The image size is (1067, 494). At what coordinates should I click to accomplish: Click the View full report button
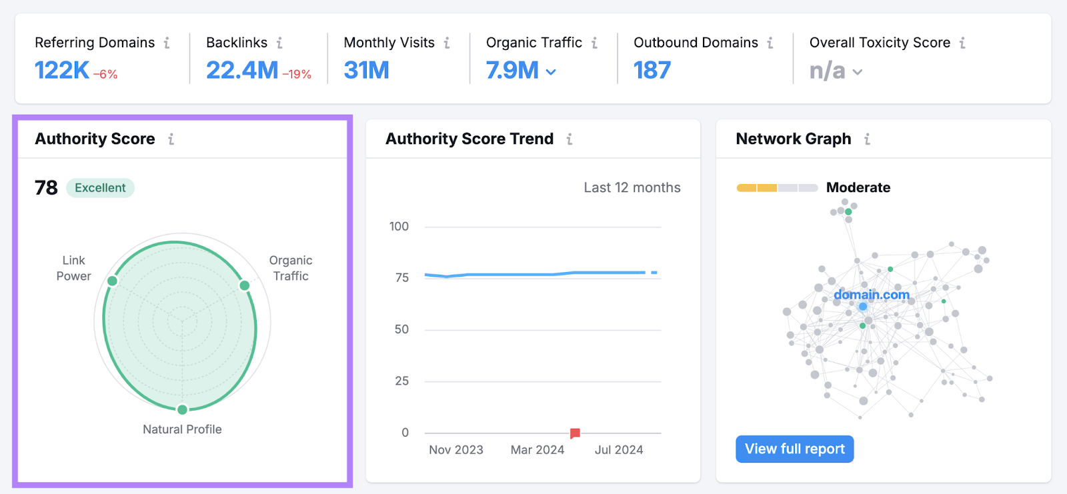pos(794,449)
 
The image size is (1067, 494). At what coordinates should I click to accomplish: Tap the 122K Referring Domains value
pos(61,70)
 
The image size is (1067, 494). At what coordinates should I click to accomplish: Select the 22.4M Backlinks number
pos(242,70)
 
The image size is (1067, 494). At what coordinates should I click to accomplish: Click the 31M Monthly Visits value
pos(366,70)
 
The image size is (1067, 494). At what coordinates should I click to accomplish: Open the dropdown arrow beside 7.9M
pos(551,72)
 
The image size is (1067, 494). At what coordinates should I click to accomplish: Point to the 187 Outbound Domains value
pos(652,70)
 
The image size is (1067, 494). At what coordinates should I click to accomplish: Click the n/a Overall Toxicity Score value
pos(827,71)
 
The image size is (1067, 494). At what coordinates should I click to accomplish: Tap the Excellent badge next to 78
pos(100,188)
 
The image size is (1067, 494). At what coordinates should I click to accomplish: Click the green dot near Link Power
pos(113,281)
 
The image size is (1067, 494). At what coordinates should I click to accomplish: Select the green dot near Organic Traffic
pos(245,285)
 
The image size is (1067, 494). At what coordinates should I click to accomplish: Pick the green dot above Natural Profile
pos(182,409)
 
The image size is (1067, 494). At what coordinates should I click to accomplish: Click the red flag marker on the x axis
pos(575,433)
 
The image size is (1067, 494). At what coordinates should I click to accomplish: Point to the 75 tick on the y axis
pos(401,277)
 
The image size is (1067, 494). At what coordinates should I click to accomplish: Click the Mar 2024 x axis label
pos(537,450)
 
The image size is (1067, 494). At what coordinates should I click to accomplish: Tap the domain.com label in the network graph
pos(871,295)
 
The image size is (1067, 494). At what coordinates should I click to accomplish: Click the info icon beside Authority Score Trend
pos(570,139)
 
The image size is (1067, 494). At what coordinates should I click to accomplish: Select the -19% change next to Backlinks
pos(297,74)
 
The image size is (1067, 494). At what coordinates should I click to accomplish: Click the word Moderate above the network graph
pos(858,187)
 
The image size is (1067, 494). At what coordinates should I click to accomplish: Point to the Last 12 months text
pos(632,188)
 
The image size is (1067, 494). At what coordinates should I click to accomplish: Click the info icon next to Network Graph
pos(867,139)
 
